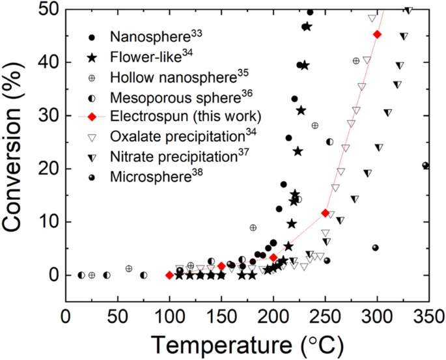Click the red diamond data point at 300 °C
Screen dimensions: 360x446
click(x=377, y=34)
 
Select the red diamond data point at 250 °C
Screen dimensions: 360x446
click(x=325, y=213)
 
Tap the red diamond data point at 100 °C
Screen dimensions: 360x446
click(x=169, y=275)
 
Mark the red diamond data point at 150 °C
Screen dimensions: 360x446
click(x=221, y=266)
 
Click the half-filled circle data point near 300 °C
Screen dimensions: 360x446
click(x=375, y=248)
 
